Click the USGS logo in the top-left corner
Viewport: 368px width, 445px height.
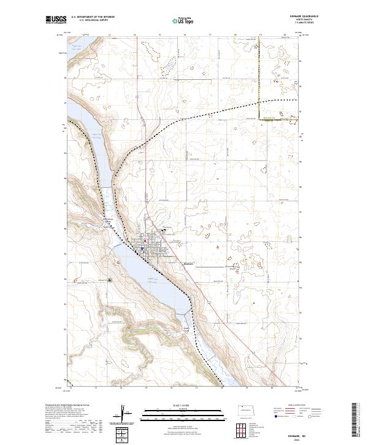[56, 20]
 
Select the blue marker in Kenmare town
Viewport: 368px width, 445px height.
[142, 248]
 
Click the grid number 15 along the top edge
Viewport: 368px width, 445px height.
[159, 36]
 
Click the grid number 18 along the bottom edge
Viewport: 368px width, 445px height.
[221, 389]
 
